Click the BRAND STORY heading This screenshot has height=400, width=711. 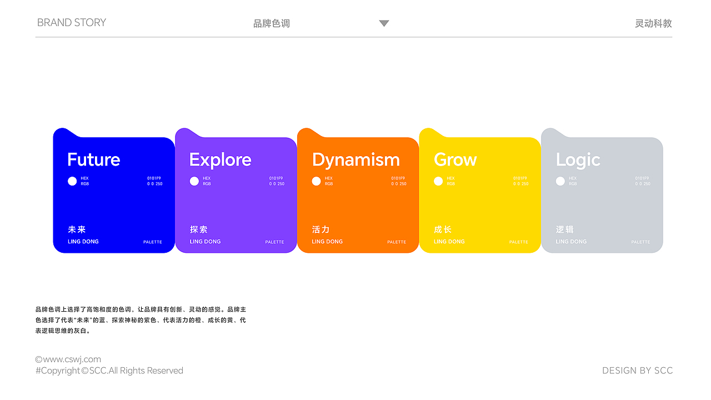point(72,23)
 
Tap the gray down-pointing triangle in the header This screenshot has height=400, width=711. point(384,23)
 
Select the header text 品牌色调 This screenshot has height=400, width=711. point(272,23)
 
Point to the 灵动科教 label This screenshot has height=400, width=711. point(653,23)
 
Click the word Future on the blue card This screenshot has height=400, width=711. point(93,160)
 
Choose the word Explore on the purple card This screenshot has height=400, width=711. point(220,160)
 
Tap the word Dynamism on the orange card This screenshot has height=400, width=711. point(355,160)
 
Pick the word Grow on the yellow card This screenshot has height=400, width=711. point(455,160)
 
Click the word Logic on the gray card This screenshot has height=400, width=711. point(578,160)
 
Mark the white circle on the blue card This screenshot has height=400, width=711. point(72,181)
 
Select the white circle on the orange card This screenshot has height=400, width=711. point(316,181)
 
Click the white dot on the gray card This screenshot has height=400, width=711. point(560,181)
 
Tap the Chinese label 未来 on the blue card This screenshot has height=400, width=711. point(77,229)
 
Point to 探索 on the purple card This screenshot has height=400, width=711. point(198,229)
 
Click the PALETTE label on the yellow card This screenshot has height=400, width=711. point(518,242)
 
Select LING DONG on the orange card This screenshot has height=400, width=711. point(327,242)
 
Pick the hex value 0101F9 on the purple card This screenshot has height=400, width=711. point(276,178)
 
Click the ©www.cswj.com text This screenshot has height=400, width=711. point(68,359)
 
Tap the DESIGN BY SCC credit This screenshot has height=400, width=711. point(637,371)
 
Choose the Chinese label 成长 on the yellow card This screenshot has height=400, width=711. point(443,229)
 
